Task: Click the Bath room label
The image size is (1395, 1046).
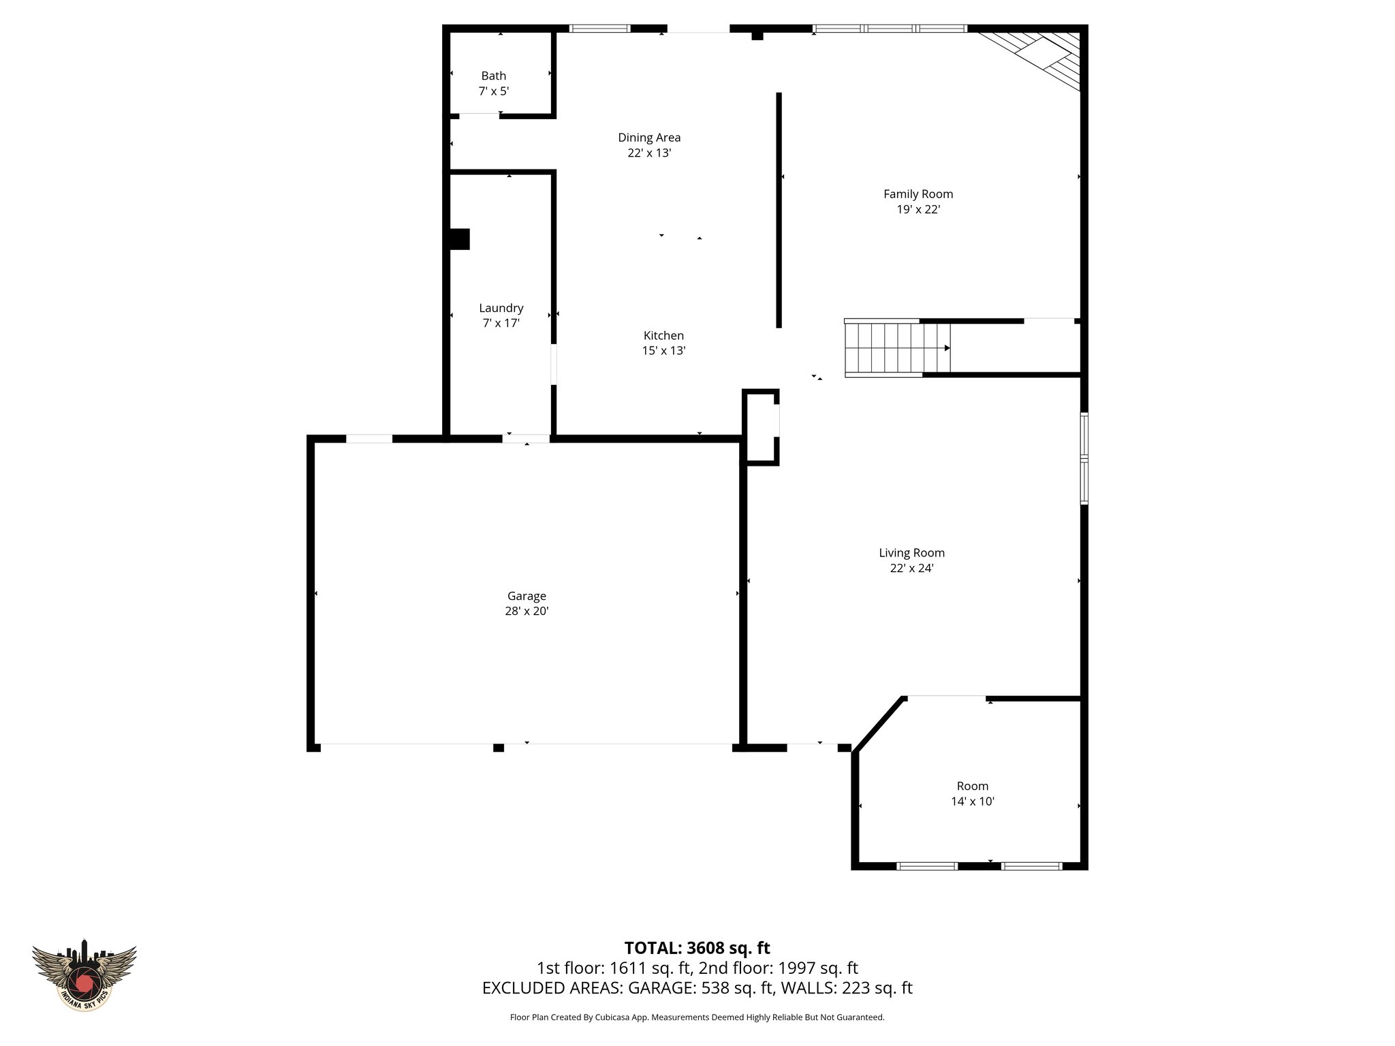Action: click(493, 76)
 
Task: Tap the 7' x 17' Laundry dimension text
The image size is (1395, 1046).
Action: click(501, 323)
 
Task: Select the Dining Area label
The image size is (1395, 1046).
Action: click(648, 138)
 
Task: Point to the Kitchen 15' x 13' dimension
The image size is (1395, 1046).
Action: click(663, 351)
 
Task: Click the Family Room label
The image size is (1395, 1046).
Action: click(918, 194)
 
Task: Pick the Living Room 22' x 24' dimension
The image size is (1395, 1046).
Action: click(911, 569)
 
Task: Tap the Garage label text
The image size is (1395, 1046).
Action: click(526, 597)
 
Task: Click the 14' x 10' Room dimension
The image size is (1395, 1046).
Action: click(972, 802)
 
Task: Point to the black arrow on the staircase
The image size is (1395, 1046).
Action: click(947, 348)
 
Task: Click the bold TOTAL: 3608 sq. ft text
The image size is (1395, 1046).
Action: click(697, 948)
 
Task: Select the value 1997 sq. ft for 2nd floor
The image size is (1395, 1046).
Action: click(815, 968)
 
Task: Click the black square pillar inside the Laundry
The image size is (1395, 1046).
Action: click(459, 239)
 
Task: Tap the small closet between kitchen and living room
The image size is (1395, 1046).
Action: click(761, 428)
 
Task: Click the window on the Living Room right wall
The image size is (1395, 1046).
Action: click(1084, 458)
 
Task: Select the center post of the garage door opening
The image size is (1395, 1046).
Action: click(499, 748)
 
